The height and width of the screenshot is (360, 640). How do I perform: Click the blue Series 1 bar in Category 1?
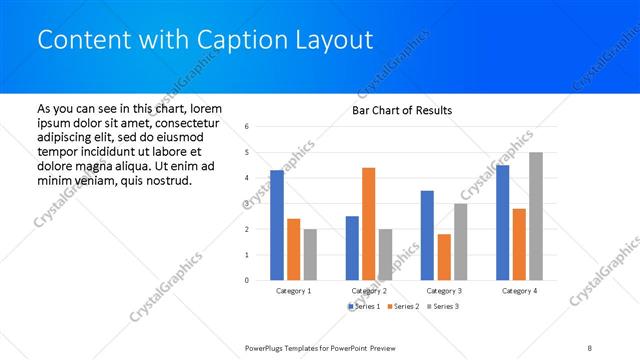pos(277,225)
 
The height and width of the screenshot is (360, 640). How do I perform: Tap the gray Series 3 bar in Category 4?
pos(536,216)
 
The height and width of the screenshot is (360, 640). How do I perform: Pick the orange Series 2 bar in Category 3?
pos(443,257)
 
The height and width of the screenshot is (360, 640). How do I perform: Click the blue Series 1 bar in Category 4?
pos(502,222)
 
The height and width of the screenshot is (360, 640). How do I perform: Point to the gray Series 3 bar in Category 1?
pos(310,254)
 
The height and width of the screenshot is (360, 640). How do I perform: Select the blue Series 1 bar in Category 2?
pos(352,248)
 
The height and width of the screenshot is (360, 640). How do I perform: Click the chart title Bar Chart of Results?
pos(402,110)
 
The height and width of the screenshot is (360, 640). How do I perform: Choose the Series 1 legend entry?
pos(363,306)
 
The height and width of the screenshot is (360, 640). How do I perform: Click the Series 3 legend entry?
pos(443,306)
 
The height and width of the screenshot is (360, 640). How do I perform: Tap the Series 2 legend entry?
pos(403,306)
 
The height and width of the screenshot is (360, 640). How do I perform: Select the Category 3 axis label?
pos(443,291)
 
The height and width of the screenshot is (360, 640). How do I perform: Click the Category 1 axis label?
pos(293,291)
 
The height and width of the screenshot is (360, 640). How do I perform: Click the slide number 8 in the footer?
pos(590,347)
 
